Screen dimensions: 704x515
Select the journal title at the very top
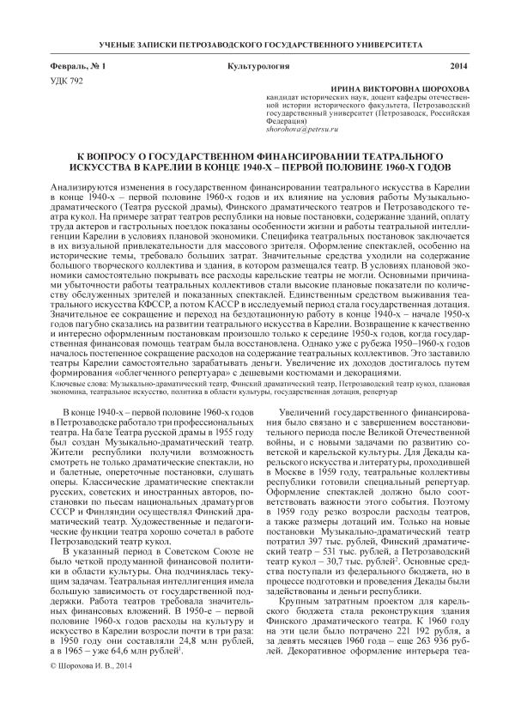click(x=257, y=44)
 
